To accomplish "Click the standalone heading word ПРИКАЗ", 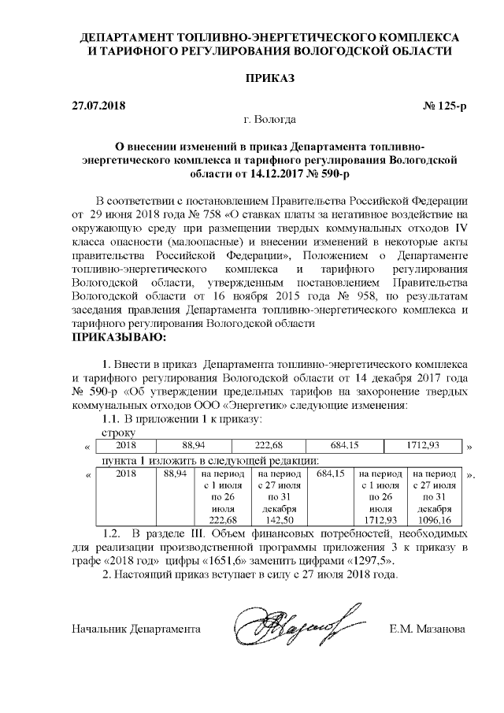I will (252, 80).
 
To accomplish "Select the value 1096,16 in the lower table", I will (436, 521).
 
